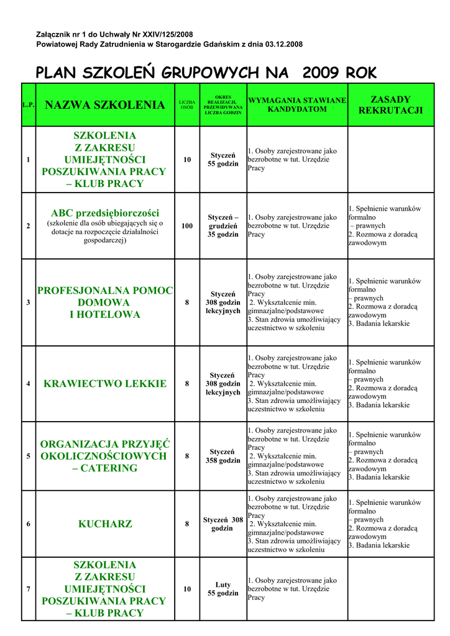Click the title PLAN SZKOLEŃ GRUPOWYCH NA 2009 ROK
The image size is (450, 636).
(206, 73)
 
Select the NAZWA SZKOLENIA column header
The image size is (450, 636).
(105, 105)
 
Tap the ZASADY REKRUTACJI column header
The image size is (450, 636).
(390, 105)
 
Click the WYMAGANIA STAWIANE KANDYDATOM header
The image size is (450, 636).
(297, 104)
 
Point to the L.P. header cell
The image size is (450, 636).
(28, 105)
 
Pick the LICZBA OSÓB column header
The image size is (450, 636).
(187, 104)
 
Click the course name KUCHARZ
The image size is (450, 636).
(105, 524)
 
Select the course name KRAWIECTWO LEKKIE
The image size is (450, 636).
(105, 384)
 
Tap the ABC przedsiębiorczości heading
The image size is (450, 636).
(105, 213)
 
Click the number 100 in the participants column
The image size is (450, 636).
(187, 226)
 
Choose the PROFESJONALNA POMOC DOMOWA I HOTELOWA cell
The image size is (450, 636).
(105, 302)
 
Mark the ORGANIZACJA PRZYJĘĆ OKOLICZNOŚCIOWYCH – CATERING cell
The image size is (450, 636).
(105, 456)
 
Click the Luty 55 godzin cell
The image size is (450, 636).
(223, 589)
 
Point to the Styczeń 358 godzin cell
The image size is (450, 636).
(223, 456)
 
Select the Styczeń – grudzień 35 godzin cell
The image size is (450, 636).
(223, 226)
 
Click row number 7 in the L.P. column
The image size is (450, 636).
(28, 589)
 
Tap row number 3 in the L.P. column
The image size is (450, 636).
(28, 302)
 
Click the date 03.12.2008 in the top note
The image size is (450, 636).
(284, 45)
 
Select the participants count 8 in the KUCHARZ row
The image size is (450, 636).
(187, 524)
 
